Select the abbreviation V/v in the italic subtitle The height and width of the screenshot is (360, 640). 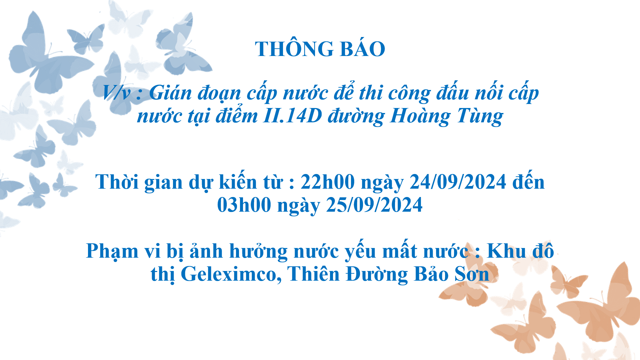[116, 92]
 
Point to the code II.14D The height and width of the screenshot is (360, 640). [292, 116]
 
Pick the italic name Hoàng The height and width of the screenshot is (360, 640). [420, 116]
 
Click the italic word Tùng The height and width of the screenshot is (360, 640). [480, 116]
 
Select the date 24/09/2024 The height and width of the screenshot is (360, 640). [458, 182]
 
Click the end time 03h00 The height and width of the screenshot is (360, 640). [244, 205]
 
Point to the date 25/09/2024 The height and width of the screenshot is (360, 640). [374, 205]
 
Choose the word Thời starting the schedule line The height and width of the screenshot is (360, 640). [117, 182]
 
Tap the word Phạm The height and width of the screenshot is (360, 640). [112, 251]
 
